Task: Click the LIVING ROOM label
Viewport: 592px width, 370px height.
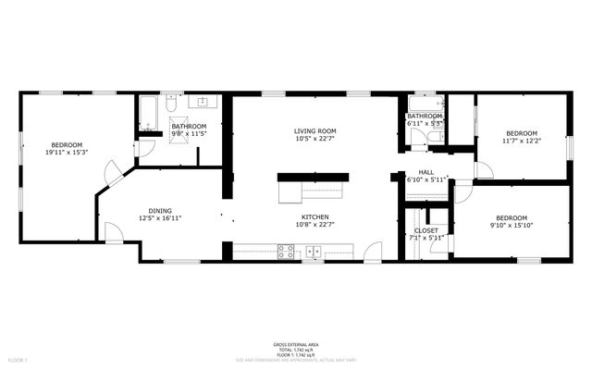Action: (314, 131)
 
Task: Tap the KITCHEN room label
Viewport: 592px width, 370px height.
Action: (314, 215)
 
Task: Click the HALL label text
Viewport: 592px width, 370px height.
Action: (426, 172)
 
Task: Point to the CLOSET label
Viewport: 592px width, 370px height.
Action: (426, 230)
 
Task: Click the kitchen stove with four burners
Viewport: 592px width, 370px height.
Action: (286, 250)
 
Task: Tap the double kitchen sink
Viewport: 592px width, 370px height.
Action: (314, 250)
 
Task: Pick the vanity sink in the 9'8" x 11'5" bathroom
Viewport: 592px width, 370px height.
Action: (199, 105)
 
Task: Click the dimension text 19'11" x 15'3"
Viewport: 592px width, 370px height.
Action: (67, 153)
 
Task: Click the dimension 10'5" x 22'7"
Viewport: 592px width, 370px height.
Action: (314, 140)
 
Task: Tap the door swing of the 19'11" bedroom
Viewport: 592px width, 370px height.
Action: (110, 172)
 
